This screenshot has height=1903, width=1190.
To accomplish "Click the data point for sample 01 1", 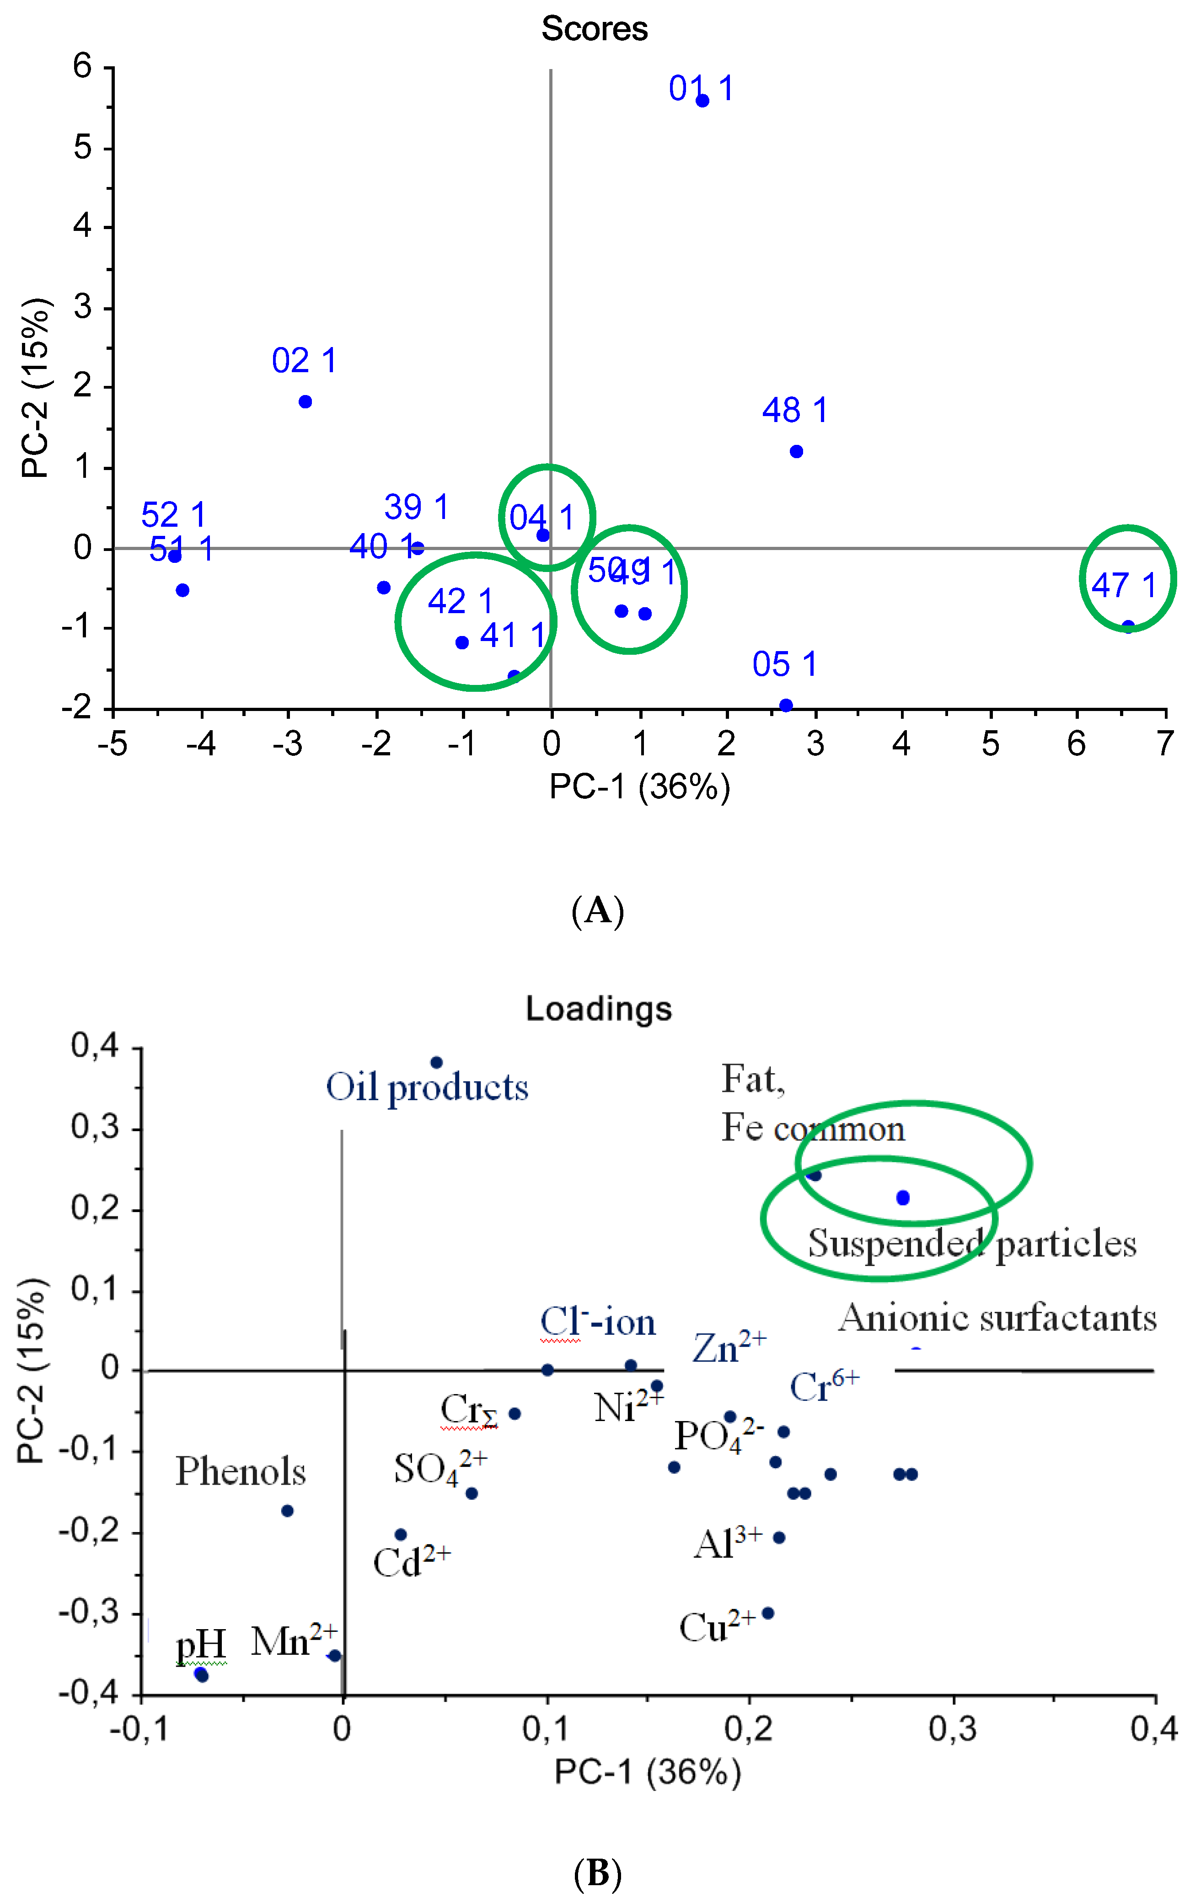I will tap(702, 101).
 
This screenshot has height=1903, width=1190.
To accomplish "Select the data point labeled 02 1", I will tap(306, 402).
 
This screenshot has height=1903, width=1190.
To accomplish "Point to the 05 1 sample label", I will tap(785, 665).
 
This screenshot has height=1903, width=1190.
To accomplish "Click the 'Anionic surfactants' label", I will tap(997, 1318).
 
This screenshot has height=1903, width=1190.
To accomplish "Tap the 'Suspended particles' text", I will tap(972, 1244).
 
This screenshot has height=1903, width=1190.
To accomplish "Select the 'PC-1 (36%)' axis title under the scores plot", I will tap(639, 787).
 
